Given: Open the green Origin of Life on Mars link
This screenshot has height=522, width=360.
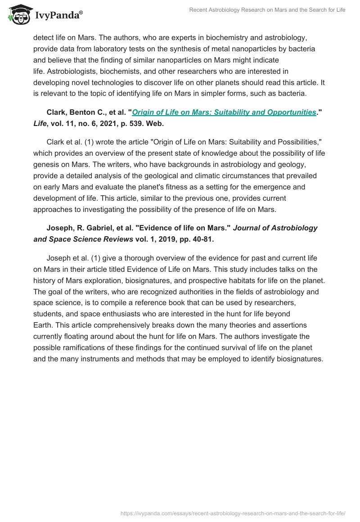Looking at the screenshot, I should [x=224, y=112].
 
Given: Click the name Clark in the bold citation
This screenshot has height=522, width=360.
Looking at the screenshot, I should [x=57, y=112].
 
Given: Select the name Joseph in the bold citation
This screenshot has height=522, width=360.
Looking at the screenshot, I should [x=59, y=228].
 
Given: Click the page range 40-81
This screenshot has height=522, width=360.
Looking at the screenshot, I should [x=201, y=239].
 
